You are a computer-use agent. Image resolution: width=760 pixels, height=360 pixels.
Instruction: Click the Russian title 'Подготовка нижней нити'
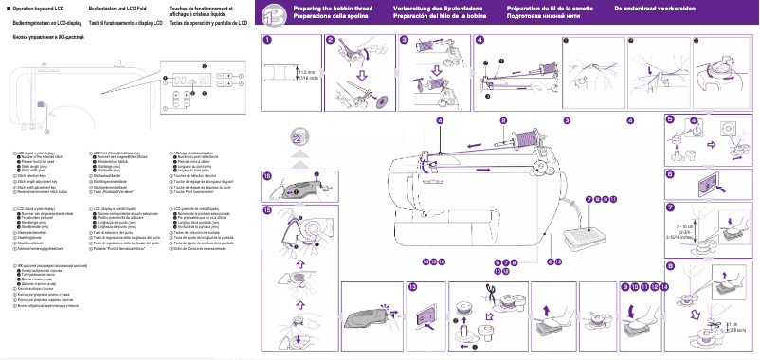(546, 16)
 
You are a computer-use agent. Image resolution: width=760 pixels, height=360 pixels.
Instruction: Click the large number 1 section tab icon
(271, 13)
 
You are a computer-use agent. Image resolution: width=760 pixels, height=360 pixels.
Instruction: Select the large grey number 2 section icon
(299, 139)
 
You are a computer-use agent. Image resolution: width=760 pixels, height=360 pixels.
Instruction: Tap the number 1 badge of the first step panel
(268, 40)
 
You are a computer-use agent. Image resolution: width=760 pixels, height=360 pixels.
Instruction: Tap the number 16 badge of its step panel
(268, 176)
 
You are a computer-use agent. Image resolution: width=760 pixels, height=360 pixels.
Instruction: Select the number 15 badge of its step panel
(268, 209)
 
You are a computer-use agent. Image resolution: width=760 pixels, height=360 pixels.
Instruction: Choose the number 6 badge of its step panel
(669, 174)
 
